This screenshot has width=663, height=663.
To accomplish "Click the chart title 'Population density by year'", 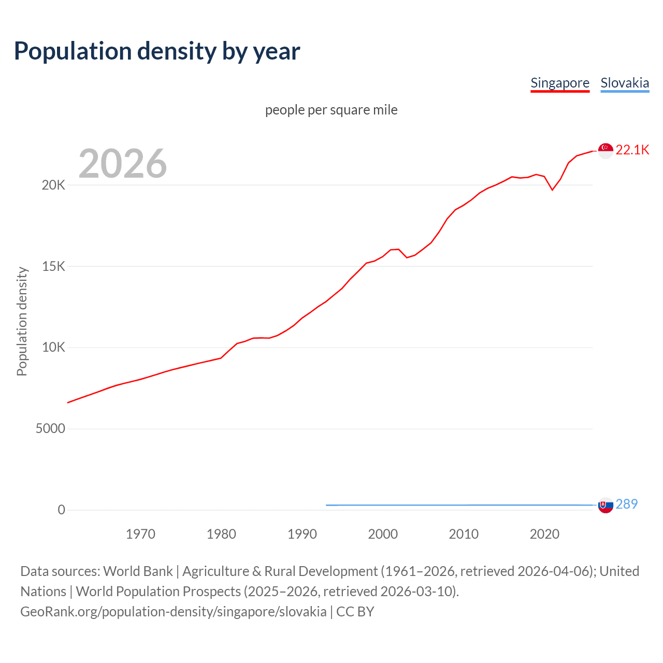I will (x=157, y=51).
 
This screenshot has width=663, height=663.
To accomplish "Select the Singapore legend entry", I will (x=560, y=83).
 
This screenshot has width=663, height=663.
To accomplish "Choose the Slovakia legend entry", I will (x=625, y=83).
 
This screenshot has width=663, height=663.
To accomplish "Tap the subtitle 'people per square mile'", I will (x=331, y=110).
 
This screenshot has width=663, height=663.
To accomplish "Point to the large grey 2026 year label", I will (x=123, y=164).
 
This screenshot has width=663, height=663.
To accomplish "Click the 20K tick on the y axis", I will (x=53, y=185).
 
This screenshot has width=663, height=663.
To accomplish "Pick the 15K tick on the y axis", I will (x=53, y=266).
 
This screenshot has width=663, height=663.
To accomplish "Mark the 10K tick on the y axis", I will (x=53, y=348).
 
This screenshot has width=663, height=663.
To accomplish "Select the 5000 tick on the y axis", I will (x=50, y=429).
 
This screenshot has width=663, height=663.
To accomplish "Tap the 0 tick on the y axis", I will (x=62, y=510).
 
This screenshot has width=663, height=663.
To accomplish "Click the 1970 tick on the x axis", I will (x=140, y=534).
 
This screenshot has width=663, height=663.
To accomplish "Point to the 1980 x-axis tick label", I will (x=221, y=534).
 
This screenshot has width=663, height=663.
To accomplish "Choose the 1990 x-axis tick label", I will (x=302, y=534).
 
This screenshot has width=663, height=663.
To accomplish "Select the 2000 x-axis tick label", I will (x=383, y=534).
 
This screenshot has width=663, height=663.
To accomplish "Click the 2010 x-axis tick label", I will (x=464, y=534).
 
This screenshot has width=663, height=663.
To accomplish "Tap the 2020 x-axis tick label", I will (x=544, y=534).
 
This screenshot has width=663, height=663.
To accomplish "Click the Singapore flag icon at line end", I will (x=606, y=150).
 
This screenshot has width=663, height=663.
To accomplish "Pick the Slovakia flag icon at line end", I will (x=606, y=505).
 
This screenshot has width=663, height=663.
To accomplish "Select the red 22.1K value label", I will (x=632, y=150).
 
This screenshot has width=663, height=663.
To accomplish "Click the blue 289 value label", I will (x=627, y=504).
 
